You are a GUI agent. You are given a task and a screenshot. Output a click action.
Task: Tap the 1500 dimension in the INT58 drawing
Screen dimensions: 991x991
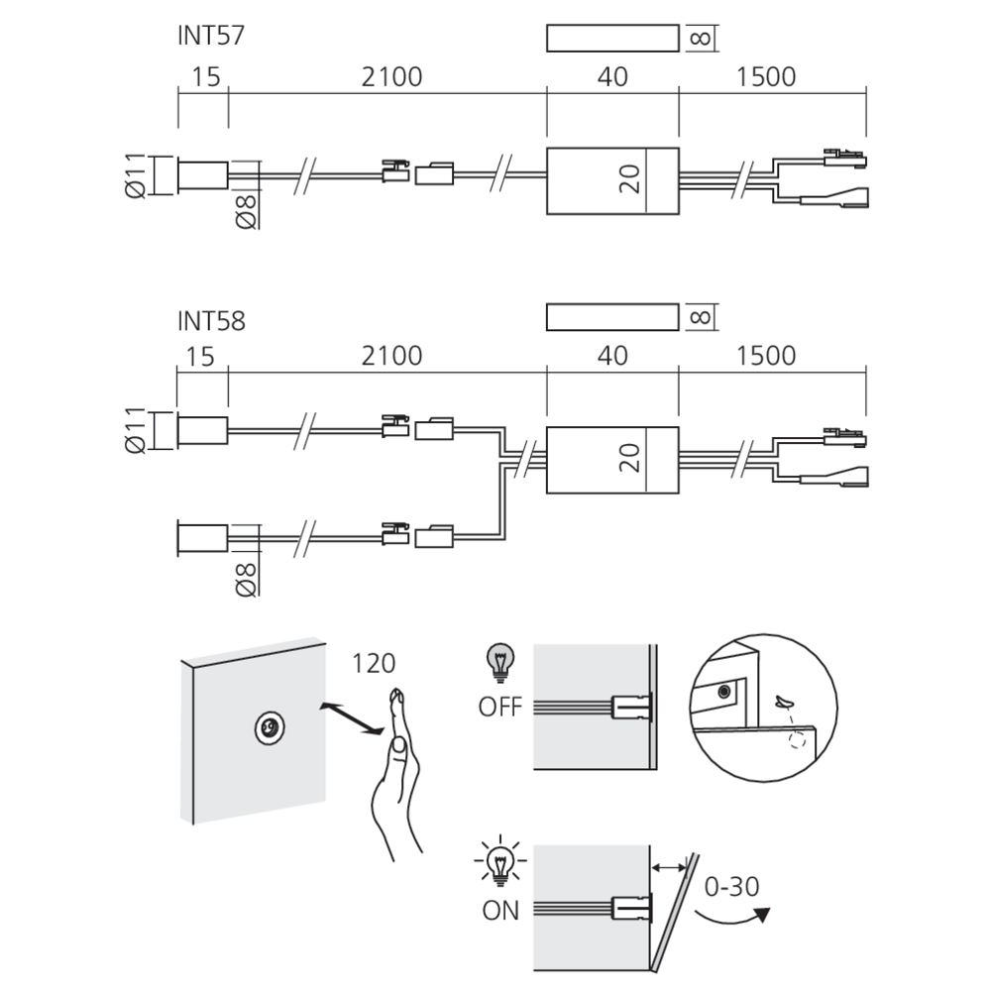point(765,356)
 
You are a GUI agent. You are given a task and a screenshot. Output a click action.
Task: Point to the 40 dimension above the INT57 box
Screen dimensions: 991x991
point(613,77)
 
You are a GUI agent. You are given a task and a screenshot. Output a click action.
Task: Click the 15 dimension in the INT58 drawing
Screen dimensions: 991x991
point(203,356)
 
